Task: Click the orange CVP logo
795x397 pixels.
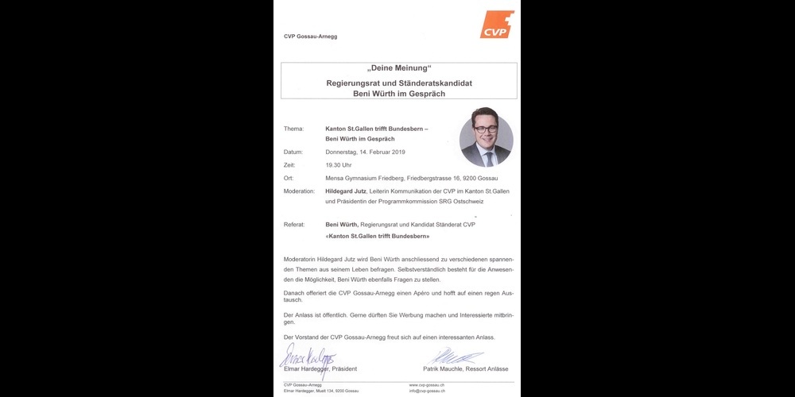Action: pyautogui.click(x=497, y=25)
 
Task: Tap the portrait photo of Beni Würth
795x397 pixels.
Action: pyautogui.click(x=486, y=137)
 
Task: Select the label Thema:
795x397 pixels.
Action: pyautogui.click(x=293, y=128)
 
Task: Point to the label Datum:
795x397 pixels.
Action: pyautogui.click(x=293, y=152)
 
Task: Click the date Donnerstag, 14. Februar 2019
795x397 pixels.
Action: pyautogui.click(x=366, y=152)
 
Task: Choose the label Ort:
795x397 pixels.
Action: pyautogui.click(x=289, y=178)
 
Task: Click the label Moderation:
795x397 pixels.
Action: pyautogui.click(x=299, y=191)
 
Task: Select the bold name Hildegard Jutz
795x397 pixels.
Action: pyautogui.click(x=351, y=191)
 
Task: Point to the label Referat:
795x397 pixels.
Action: pyautogui.click(x=294, y=225)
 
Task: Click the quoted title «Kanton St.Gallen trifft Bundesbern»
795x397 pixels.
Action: pyautogui.click(x=378, y=236)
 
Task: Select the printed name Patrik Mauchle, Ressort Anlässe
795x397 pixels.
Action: pyautogui.click(x=465, y=369)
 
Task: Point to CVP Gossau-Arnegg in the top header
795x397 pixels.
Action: pyautogui.click(x=310, y=37)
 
